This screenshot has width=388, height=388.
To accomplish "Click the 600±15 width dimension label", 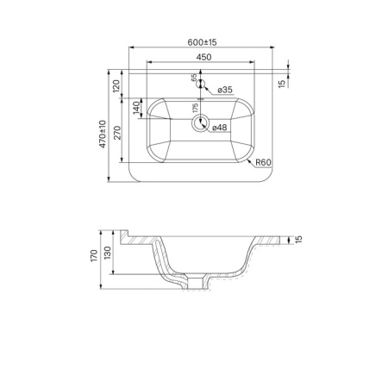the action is (x=202, y=42).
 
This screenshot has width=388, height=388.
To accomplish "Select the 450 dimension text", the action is (x=203, y=57).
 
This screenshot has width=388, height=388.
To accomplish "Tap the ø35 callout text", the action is (x=225, y=90).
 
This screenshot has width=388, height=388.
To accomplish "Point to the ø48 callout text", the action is (x=220, y=128).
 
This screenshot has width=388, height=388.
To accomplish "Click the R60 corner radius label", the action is (x=263, y=162).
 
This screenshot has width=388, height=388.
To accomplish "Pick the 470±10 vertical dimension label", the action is (x=103, y=135).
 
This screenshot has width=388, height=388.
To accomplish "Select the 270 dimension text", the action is (x=118, y=133).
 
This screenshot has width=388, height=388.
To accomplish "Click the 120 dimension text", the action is (x=116, y=86).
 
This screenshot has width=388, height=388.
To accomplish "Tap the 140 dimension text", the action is (x=136, y=108).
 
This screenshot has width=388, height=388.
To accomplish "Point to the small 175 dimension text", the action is (x=196, y=108).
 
